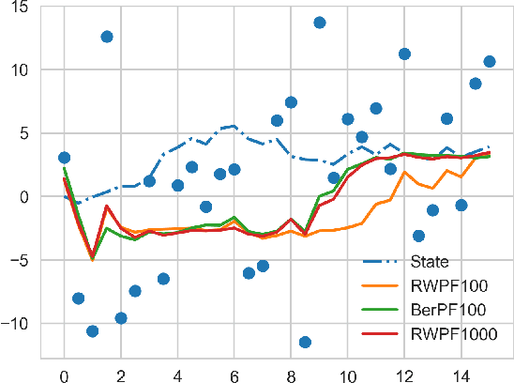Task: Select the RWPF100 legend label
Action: (x=446, y=285)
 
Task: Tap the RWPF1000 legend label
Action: (x=451, y=332)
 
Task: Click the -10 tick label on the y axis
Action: (x=16, y=324)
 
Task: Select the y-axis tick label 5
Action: (x=24, y=133)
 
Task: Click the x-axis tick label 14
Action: (x=461, y=375)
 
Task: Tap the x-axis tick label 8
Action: (x=291, y=375)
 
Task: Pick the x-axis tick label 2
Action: (x=121, y=375)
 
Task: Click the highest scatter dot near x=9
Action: (x=319, y=23)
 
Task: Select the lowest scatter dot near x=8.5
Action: (x=305, y=342)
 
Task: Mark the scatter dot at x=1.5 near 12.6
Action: (x=107, y=37)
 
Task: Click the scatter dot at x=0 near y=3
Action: (x=64, y=158)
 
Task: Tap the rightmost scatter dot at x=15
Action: (x=490, y=62)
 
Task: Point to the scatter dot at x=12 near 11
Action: (x=404, y=54)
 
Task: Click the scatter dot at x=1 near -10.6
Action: (x=92, y=330)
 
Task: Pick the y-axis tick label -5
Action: (x=21, y=260)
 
